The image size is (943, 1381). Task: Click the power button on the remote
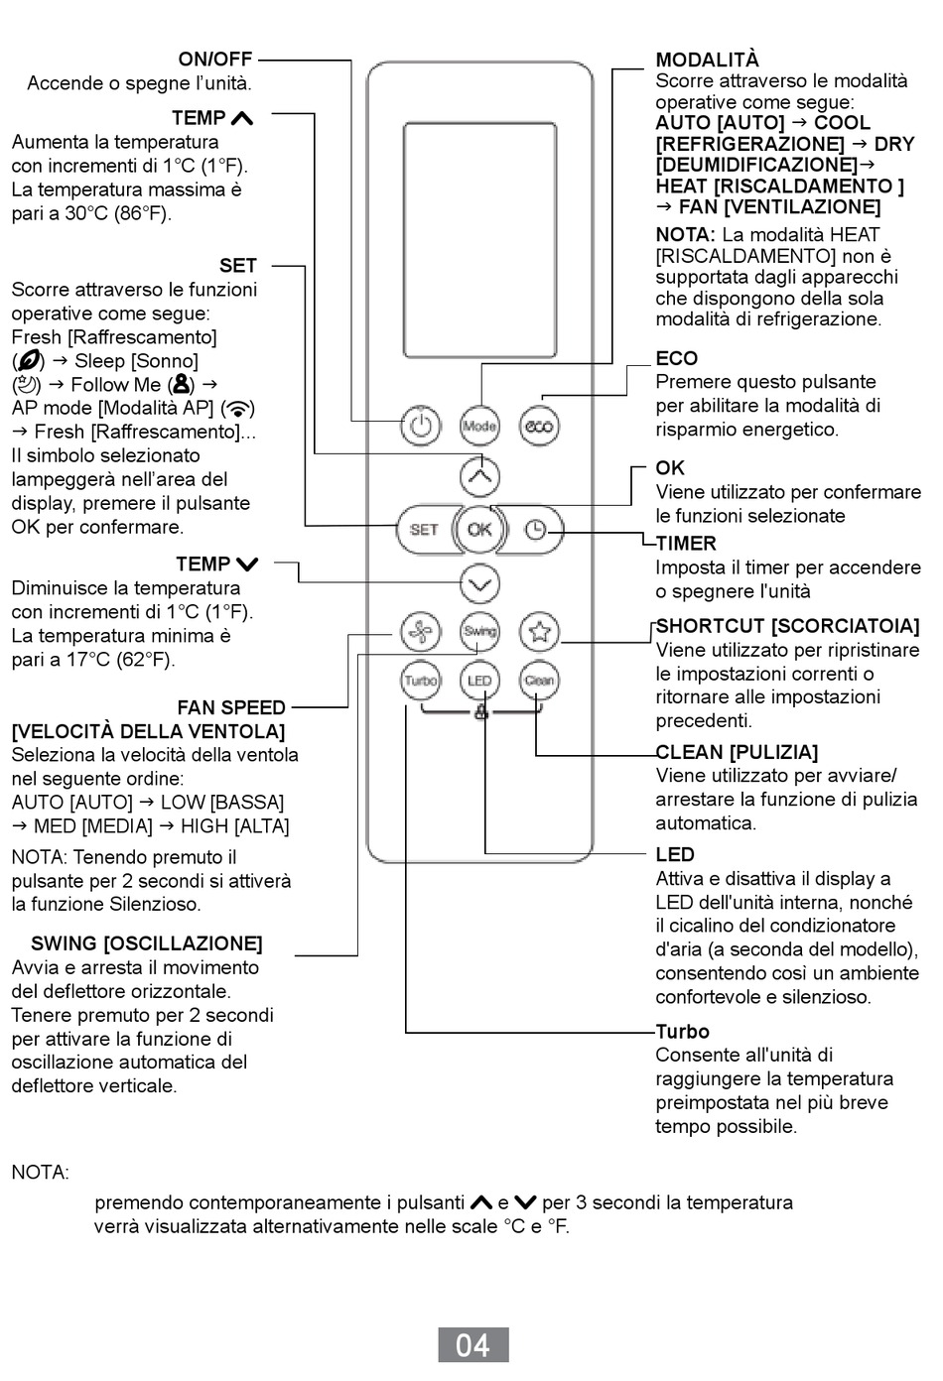click(x=421, y=426)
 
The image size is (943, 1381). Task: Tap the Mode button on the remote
click(x=479, y=426)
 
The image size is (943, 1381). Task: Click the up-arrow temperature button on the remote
click(x=479, y=476)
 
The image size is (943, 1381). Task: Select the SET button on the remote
click(x=424, y=530)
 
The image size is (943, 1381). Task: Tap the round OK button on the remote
click(x=479, y=530)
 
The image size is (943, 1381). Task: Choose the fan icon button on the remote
click(x=421, y=631)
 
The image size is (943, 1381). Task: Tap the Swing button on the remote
click(x=479, y=631)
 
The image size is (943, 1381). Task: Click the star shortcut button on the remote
click(x=540, y=631)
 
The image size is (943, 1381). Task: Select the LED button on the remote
click(x=479, y=681)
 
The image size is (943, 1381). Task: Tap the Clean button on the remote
click(x=540, y=681)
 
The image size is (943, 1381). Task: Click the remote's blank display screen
click(x=480, y=240)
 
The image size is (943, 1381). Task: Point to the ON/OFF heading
click(x=215, y=60)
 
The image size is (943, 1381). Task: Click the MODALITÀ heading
click(x=707, y=60)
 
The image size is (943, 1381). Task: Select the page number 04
click(x=473, y=1344)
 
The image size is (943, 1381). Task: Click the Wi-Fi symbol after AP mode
click(x=238, y=408)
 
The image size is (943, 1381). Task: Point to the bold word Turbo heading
click(x=682, y=1032)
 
